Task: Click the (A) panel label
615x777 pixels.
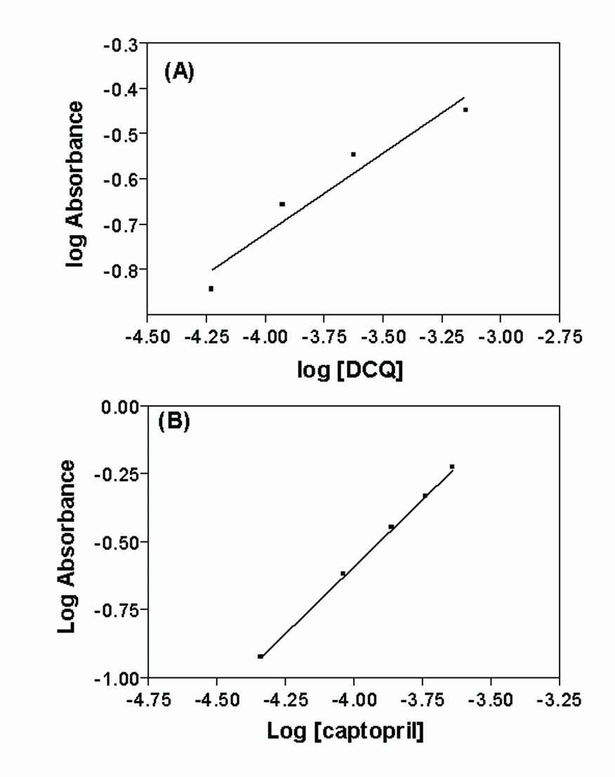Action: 179,72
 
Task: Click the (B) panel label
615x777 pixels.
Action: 174,421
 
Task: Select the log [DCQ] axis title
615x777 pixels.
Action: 350,370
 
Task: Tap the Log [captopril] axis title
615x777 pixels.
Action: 345,731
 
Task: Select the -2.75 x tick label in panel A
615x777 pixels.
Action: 560,337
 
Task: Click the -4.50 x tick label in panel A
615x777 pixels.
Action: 148,337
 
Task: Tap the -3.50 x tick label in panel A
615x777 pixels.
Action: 383,337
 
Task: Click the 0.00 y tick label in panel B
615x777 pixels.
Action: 121,407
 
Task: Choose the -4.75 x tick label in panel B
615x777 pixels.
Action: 148,700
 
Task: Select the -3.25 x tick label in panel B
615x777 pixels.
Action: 559,700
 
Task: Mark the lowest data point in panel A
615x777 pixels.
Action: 211,289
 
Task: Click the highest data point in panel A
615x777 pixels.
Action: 465,109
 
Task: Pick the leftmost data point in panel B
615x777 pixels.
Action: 260,656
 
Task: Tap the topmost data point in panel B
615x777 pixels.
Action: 452,467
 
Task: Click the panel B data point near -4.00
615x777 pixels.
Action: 343,574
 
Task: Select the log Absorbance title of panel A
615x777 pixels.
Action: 75,184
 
